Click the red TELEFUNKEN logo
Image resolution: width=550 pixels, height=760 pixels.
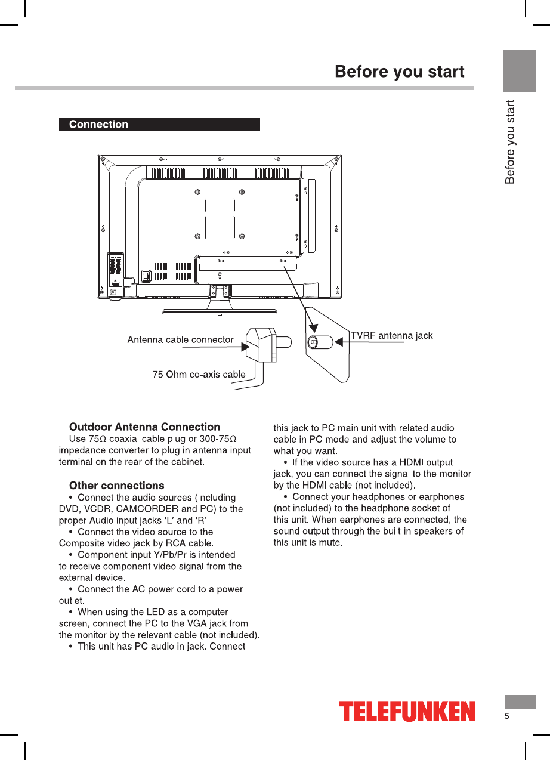[407, 711]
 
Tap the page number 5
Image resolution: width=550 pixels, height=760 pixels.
[506, 716]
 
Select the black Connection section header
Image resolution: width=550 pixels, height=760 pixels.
[159, 125]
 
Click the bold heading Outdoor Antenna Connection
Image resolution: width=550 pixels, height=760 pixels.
[144, 427]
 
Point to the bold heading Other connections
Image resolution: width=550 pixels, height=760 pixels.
[116, 486]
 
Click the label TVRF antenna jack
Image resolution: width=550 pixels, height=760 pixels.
[391, 336]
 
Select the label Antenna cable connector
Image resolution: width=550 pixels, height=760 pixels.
[180, 339]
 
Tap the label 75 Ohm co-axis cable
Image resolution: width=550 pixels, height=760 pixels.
[199, 375]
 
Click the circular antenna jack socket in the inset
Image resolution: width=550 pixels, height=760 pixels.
[313, 343]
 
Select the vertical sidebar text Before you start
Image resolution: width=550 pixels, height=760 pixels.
[510, 142]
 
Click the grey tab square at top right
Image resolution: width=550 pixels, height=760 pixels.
[519, 70]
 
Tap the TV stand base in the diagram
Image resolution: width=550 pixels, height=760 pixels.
[220, 311]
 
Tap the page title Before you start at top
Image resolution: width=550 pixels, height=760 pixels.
[399, 72]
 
